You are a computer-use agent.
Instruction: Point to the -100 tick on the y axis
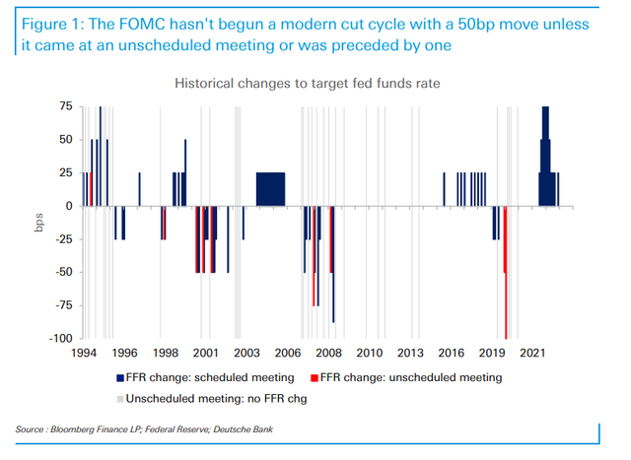(62, 339)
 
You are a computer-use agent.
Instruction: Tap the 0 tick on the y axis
(69, 206)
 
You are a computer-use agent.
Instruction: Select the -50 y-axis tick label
(64, 273)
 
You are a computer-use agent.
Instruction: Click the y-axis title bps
(36, 223)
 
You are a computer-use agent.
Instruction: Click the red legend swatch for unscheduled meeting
(313, 377)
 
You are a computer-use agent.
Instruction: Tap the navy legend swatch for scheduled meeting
(117, 377)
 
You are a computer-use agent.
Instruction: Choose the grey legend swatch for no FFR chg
(117, 397)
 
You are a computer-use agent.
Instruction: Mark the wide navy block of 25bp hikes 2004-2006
(270, 189)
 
